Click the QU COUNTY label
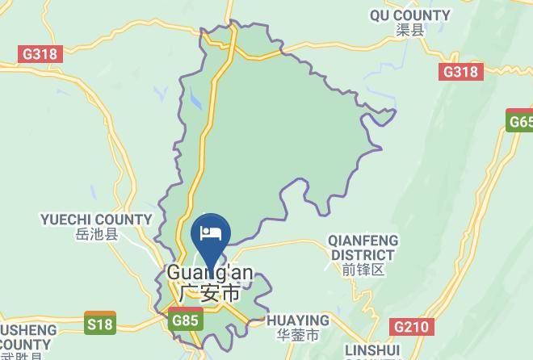[x=409, y=15]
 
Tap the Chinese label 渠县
[x=409, y=31]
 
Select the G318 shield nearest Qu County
[x=461, y=72]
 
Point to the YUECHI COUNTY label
[x=96, y=220]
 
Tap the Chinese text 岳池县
[x=96, y=235]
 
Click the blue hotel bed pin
[x=211, y=235]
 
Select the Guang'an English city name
[x=209, y=273]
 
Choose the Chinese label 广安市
[x=209, y=292]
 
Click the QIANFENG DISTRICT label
[x=363, y=248]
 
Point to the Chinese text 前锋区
[x=363, y=270]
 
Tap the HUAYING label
[x=297, y=320]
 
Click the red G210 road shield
[x=412, y=327]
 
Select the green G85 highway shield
[x=185, y=320]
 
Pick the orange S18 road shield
[x=100, y=324]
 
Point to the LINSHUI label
[x=372, y=351]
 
